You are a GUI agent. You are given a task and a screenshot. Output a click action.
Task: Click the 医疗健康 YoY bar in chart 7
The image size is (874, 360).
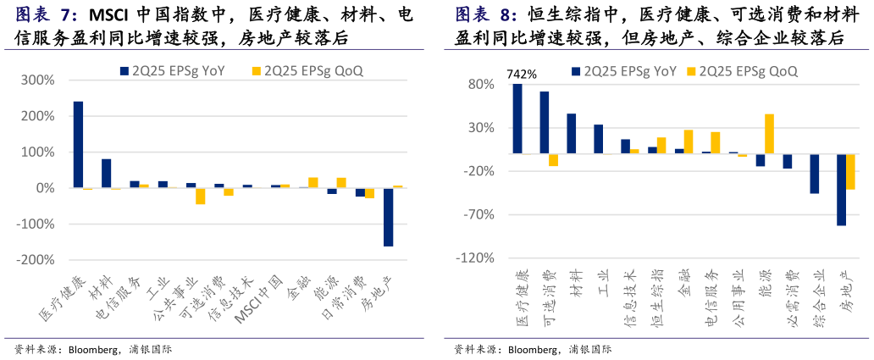(x=78, y=145)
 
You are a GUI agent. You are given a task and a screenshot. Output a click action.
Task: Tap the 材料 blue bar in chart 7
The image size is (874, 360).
(x=106, y=174)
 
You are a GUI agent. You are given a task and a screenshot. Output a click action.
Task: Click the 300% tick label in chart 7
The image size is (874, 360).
(x=38, y=80)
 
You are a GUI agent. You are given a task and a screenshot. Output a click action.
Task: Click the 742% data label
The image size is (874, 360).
(x=522, y=74)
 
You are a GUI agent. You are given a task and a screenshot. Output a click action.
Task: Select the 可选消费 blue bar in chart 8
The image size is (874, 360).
(x=544, y=123)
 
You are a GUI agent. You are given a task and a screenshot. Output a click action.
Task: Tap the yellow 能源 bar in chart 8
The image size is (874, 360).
(x=770, y=134)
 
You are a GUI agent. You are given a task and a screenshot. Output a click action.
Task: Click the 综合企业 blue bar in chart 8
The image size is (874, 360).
(x=815, y=174)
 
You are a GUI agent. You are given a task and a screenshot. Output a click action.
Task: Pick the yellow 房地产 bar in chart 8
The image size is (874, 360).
(x=851, y=172)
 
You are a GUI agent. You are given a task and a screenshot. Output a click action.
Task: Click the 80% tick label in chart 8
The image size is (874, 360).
(x=480, y=85)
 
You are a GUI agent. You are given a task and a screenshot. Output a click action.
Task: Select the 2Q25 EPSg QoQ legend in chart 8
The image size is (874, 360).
(x=742, y=71)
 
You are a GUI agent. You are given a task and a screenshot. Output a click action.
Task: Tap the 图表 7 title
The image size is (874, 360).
(x=46, y=15)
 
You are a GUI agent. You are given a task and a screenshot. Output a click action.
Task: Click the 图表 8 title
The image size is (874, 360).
(x=485, y=15)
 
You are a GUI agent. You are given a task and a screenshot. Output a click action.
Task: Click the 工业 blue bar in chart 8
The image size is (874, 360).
(x=598, y=139)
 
